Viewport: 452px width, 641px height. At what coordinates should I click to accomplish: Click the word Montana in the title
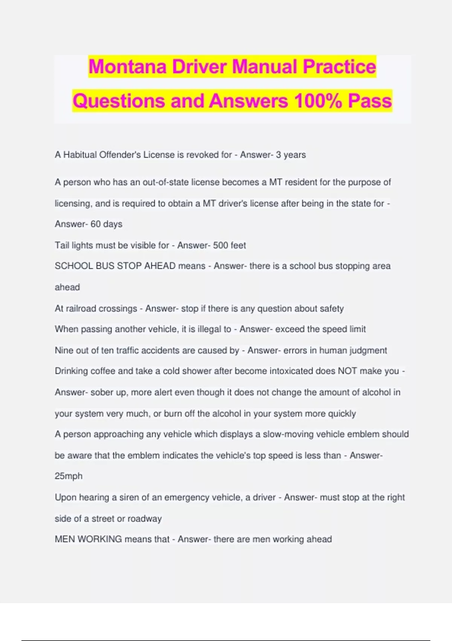point(127,66)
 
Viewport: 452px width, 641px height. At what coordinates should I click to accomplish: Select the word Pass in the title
point(370,101)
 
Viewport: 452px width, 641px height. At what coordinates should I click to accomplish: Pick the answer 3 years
point(291,155)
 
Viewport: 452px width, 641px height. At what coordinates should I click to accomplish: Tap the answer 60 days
point(106,224)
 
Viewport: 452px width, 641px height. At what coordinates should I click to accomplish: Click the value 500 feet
point(229,245)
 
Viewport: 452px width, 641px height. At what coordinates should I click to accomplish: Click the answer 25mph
point(69,476)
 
